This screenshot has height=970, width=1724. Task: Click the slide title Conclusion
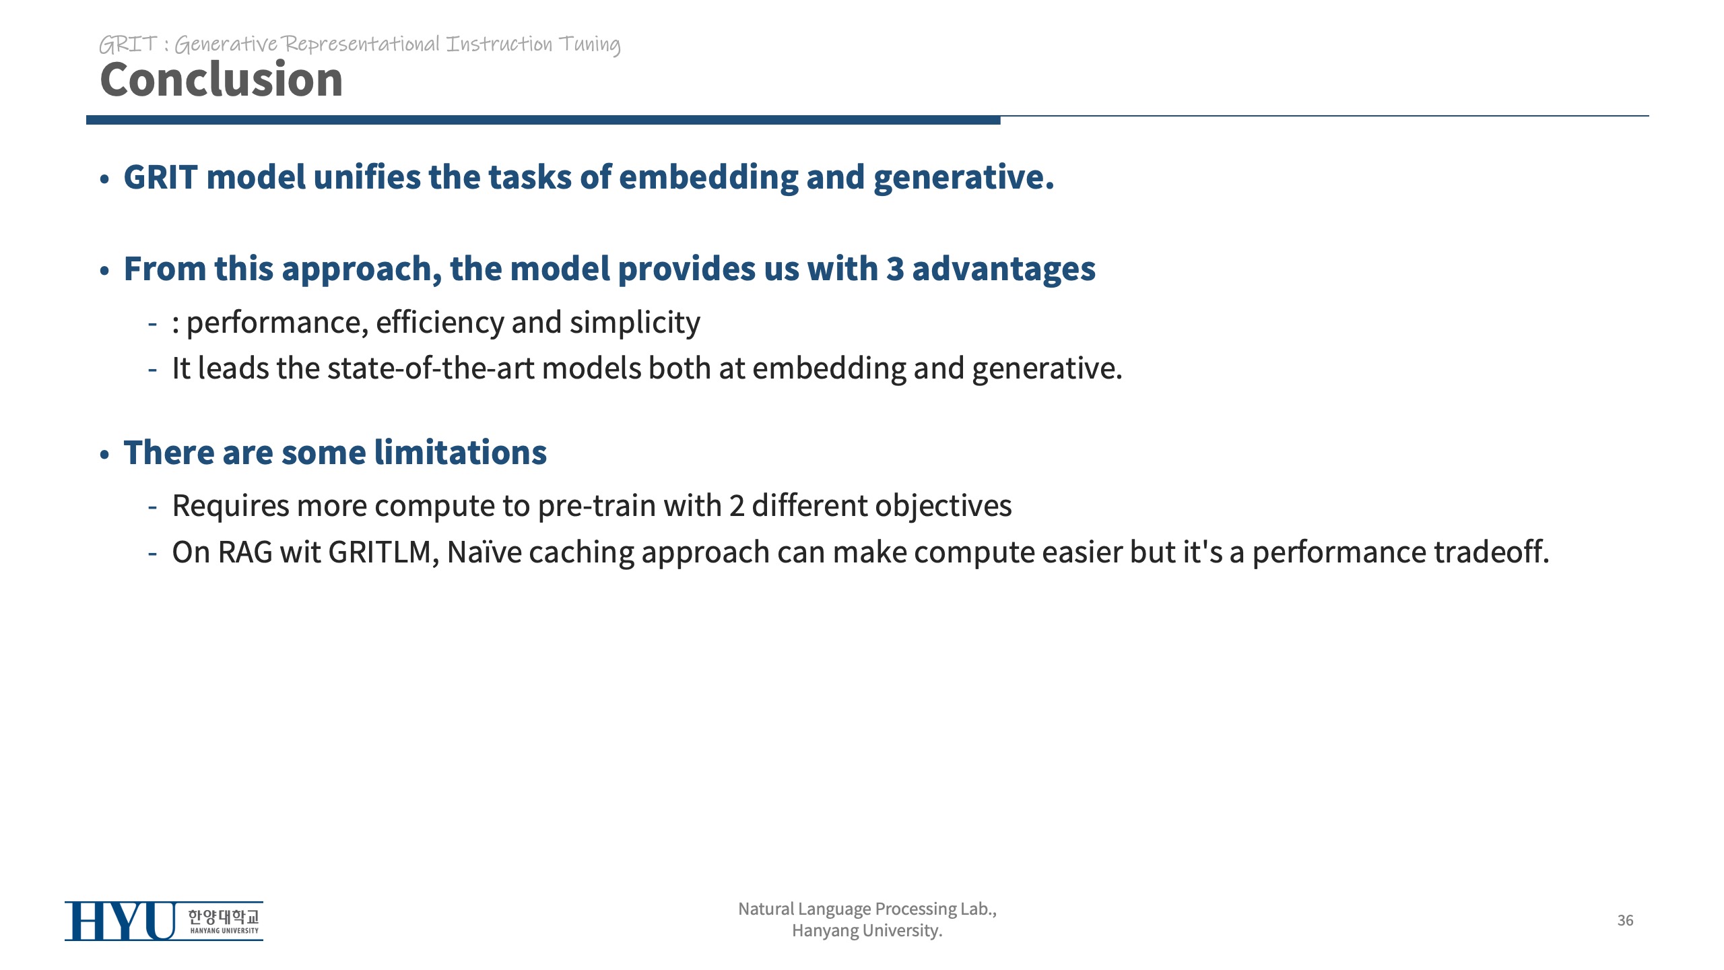tap(222, 79)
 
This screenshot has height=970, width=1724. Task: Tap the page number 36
tap(1625, 920)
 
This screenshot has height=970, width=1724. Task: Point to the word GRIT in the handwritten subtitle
tap(128, 44)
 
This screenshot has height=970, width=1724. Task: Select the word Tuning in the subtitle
tap(590, 45)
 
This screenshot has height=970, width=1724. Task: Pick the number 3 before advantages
tap(895, 269)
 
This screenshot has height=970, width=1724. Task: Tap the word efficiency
tap(440, 323)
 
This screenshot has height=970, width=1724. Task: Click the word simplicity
tap(634, 323)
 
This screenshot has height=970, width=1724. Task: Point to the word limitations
tap(461, 452)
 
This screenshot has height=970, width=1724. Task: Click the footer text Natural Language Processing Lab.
tap(867, 909)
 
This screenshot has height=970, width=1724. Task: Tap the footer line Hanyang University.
tap(867, 931)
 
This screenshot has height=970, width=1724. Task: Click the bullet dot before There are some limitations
tap(104, 455)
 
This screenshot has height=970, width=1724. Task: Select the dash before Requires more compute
tap(153, 507)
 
